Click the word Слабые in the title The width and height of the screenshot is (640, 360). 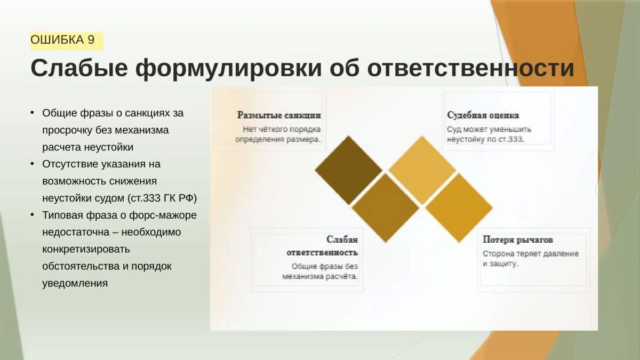pyautogui.click(x=79, y=69)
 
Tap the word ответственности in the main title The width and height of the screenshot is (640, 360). pyautogui.click(x=470, y=69)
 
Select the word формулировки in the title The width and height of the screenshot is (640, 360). pyautogui.click(x=229, y=69)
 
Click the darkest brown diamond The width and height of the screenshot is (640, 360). pyautogui.click(x=348, y=170)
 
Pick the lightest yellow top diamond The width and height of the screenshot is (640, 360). pyautogui.click(x=422, y=170)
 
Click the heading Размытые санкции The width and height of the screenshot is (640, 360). pyautogui.click(x=279, y=115)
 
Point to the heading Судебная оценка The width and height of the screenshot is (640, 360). pyautogui.click(x=483, y=115)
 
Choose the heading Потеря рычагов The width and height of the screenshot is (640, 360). pyautogui.click(x=518, y=239)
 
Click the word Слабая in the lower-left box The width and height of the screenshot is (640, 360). pyautogui.click(x=342, y=239)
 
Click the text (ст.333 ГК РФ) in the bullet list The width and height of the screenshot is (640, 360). pyautogui.click(x=162, y=198)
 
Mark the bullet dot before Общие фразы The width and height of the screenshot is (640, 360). pyautogui.click(x=33, y=113)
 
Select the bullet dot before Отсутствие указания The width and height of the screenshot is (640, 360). pyautogui.click(x=33, y=164)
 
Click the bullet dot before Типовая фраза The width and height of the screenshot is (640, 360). pyautogui.click(x=33, y=214)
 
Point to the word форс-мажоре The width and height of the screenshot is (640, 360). pyautogui.click(x=163, y=215)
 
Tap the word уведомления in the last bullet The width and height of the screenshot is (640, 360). pyautogui.click(x=75, y=284)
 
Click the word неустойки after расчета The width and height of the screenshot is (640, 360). pyautogui.click(x=109, y=147)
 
